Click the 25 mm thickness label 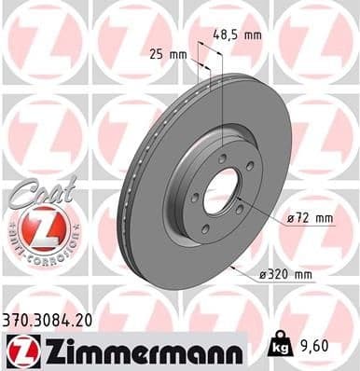click(170, 53)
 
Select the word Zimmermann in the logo click(142, 350)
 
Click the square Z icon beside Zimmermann click(21, 350)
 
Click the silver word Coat click(37, 194)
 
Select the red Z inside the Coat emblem click(38, 226)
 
